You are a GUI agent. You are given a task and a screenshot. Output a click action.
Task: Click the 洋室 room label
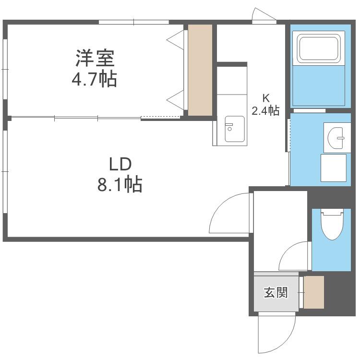coord(95,58)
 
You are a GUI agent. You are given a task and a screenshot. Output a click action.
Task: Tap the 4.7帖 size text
coord(95,79)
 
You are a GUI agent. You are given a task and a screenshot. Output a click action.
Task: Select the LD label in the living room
coord(120,164)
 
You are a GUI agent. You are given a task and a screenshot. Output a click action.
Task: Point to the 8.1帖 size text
coord(120,184)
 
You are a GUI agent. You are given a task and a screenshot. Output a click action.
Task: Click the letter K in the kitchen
coord(266,98)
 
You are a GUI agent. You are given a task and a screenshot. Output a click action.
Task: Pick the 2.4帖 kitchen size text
coord(265,110)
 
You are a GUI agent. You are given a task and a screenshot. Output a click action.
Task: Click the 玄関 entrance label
coord(276,292)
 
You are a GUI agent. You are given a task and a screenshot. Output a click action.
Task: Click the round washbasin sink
coord(336,138)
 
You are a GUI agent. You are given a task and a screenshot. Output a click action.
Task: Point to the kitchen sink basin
coord(234,129)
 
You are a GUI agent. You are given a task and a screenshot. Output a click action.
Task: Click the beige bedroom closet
coord(200,70)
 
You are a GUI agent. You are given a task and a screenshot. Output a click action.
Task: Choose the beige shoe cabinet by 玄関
coord(314,292)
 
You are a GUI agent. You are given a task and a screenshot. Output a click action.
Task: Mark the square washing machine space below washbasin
coord(334,168)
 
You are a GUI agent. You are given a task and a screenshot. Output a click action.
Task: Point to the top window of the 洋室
coord(134,22)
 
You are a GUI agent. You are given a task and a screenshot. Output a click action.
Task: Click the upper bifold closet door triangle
coord(176,40)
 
